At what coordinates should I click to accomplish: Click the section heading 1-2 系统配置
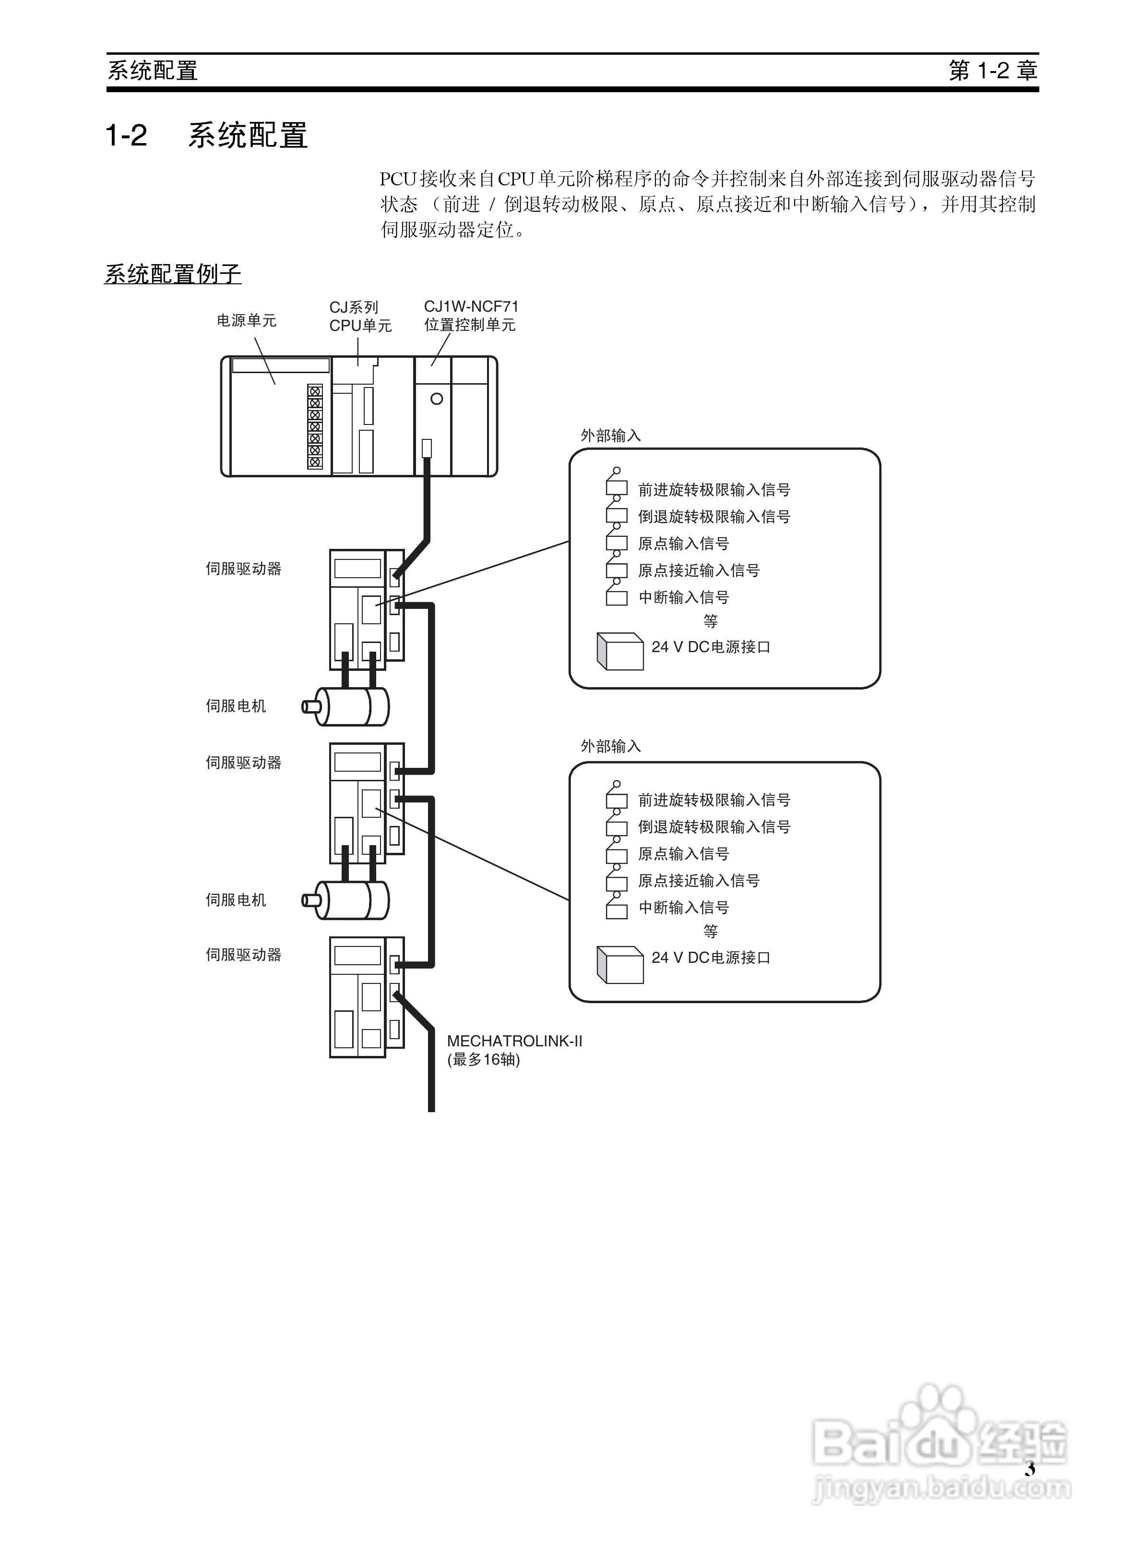[206, 135]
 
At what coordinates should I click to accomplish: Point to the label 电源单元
[246, 320]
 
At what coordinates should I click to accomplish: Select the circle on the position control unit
[436, 399]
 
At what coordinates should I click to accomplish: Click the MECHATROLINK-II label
[514, 1041]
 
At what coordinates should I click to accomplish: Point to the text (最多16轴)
[483, 1060]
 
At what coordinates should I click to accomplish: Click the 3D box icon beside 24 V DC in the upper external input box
[619, 651]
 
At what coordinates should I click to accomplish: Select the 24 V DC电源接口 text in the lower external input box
[711, 958]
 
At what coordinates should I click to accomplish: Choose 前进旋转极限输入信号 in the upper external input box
[714, 490]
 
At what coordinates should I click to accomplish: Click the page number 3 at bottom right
[1029, 1488]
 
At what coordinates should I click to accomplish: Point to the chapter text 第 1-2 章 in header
[993, 71]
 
